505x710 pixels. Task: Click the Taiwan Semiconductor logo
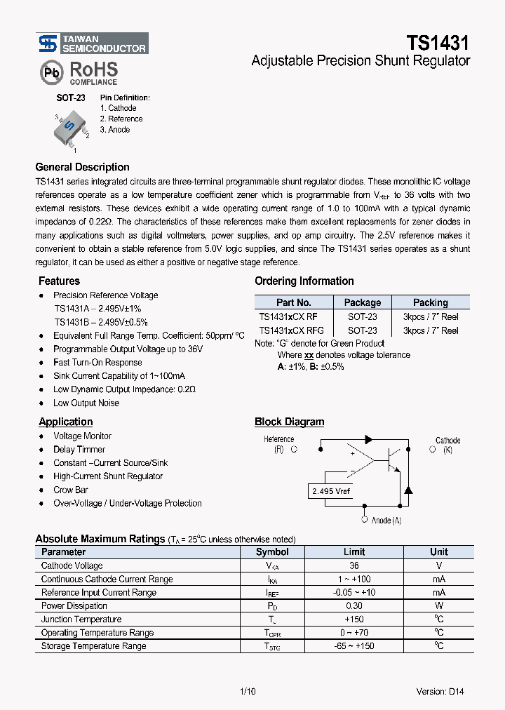(92, 44)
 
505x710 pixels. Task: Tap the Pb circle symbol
(50, 72)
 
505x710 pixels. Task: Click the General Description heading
(82, 167)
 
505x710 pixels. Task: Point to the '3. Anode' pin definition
(115, 130)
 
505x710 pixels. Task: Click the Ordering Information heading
(304, 281)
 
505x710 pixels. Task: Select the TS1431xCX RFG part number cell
(291, 330)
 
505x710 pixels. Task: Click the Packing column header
(430, 302)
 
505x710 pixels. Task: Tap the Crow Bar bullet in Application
(71, 490)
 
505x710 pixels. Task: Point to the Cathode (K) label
(447, 446)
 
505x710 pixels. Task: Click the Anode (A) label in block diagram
(386, 521)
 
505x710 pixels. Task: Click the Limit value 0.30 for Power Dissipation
(354, 606)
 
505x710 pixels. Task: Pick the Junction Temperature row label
(81, 619)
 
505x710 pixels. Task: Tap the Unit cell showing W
(438, 606)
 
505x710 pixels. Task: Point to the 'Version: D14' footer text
(440, 691)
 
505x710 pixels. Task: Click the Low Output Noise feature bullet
(86, 403)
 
